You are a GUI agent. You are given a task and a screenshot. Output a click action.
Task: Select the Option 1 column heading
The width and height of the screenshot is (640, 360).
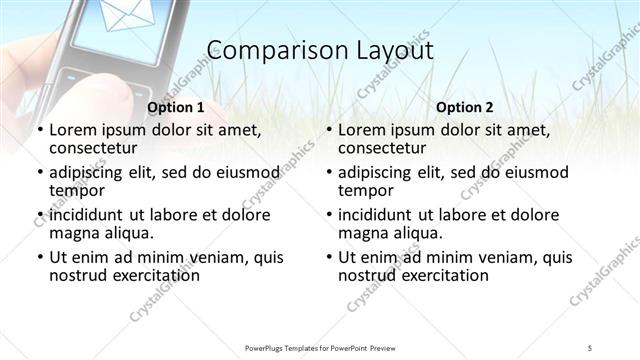click(x=176, y=107)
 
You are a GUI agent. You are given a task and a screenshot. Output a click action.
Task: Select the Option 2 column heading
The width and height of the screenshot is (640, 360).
click(x=464, y=107)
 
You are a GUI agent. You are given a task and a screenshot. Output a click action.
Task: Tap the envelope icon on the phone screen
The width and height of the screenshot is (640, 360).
click(x=116, y=19)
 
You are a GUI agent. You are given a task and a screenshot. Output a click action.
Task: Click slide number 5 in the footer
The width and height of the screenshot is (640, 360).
click(x=590, y=346)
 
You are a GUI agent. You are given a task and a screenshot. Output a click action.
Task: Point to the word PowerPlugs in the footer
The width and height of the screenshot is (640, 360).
click(x=267, y=346)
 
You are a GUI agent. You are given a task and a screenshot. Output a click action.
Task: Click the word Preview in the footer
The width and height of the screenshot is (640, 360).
click(x=395, y=346)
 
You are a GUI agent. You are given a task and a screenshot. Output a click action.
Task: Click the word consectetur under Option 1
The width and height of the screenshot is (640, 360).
click(x=93, y=148)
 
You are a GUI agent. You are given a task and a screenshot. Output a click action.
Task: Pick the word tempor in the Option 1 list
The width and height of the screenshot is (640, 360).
click(x=77, y=190)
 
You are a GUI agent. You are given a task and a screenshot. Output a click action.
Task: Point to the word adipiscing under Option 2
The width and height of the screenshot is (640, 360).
click(x=378, y=172)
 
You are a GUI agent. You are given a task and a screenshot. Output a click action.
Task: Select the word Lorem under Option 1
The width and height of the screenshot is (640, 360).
click(x=72, y=130)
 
